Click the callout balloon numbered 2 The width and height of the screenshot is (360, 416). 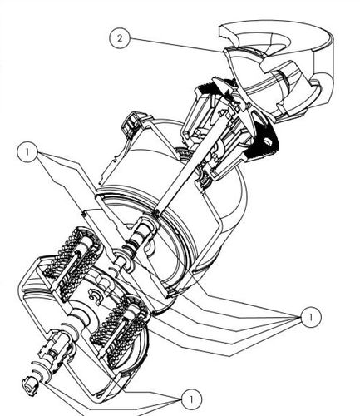(x=120, y=38)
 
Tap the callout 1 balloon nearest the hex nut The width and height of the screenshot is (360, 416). (x=191, y=399)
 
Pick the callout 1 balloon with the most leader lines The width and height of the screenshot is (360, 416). (x=311, y=317)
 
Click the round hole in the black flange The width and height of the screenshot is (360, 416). (x=268, y=141)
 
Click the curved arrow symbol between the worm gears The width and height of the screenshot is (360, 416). (x=93, y=295)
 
